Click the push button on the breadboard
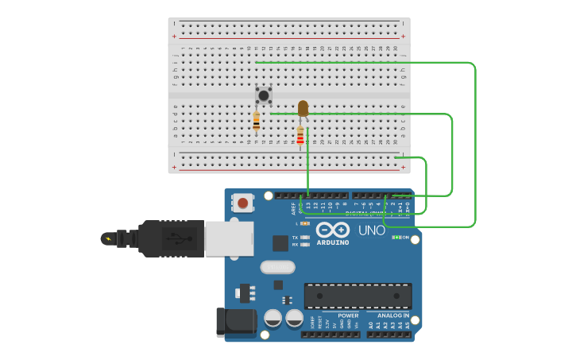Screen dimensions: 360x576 (x=263, y=95)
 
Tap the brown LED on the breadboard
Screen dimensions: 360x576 (x=303, y=108)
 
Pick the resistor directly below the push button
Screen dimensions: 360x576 (x=256, y=122)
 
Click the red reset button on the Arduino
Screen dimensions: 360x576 (x=243, y=203)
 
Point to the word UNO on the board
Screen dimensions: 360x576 (x=371, y=230)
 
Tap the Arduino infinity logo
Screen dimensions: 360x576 (x=332, y=230)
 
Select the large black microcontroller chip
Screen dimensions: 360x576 (x=358, y=296)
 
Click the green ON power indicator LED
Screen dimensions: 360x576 (x=396, y=237)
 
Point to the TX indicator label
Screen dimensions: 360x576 (x=295, y=238)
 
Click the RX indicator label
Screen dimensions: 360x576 (x=295, y=245)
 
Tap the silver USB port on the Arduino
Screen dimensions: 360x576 (x=229, y=238)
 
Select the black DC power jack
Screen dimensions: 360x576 (x=237, y=322)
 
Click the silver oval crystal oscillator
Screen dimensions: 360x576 (x=277, y=268)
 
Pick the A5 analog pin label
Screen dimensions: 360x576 (x=408, y=325)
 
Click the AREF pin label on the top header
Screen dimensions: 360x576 (x=293, y=209)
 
